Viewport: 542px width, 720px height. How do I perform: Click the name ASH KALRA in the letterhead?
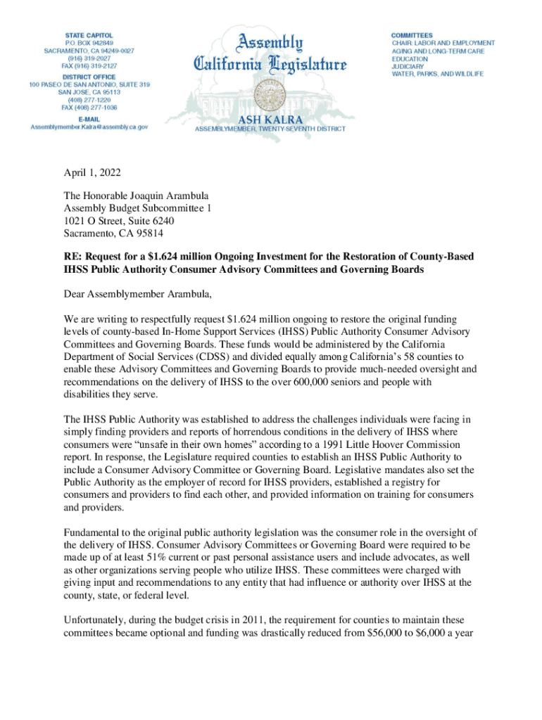click(x=270, y=120)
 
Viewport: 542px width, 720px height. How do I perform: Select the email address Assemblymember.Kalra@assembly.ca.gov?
click(x=89, y=127)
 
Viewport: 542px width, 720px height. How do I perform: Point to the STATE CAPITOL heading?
click(x=89, y=34)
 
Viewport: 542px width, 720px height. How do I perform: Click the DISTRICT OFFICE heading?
click(x=89, y=76)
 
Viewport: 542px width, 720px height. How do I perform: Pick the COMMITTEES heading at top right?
click(x=412, y=34)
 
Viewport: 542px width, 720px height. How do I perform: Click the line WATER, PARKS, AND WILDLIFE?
click(x=437, y=74)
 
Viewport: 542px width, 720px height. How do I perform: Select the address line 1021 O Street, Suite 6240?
click(x=113, y=221)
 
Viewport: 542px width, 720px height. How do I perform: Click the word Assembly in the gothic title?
click(x=270, y=44)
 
